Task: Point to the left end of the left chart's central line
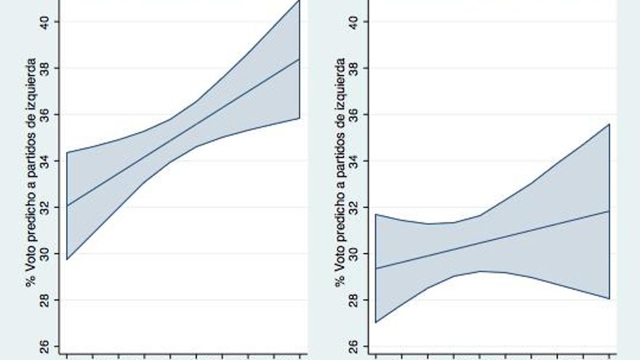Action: [x=67, y=205]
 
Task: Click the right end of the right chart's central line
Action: [x=609, y=211]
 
